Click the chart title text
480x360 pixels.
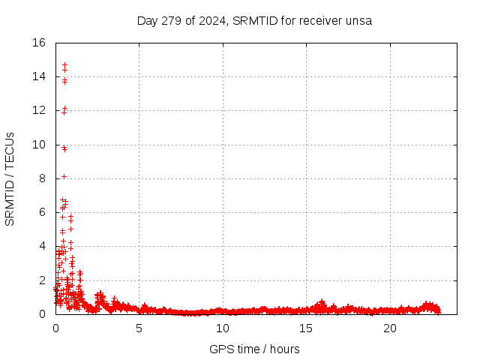pos(254,20)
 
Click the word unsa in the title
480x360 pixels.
pos(360,20)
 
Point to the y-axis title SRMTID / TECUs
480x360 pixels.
pos(10,178)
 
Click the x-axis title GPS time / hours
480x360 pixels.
pos(254,349)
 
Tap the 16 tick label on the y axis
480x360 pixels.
pos(40,43)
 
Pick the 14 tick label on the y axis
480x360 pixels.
pos(40,76)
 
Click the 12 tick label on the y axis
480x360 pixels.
pos(40,110)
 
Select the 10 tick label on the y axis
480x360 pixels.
pos(40,145)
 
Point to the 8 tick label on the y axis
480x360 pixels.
pos(43,178)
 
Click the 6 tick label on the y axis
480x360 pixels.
pos(43,212)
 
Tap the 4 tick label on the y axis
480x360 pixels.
pos(43,246)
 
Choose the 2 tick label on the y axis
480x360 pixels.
pos(43,280)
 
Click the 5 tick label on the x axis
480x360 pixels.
pos(139,328)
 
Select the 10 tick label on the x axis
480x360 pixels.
pos(223,328)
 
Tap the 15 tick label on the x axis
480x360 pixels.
pos(306,328)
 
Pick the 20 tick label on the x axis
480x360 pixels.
pos(390,328)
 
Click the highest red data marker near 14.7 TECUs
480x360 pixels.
pos(64,65)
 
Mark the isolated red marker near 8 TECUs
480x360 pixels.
pos(64,176)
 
